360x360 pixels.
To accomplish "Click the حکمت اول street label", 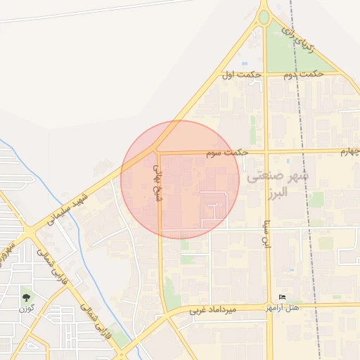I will click(241, 75).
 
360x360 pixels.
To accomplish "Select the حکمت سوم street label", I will click(229, 151).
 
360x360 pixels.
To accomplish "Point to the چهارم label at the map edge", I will click(349, 151).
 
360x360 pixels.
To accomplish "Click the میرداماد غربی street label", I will click(220, 309).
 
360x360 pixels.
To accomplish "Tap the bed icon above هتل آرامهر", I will click(283, 297).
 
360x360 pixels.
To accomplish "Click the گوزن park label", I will click(27, 309).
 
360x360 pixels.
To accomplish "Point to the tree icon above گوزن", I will click(27, 297).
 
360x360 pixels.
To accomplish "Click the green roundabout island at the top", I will click(264, 16).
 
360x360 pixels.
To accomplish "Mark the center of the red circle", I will click(180, 179).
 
